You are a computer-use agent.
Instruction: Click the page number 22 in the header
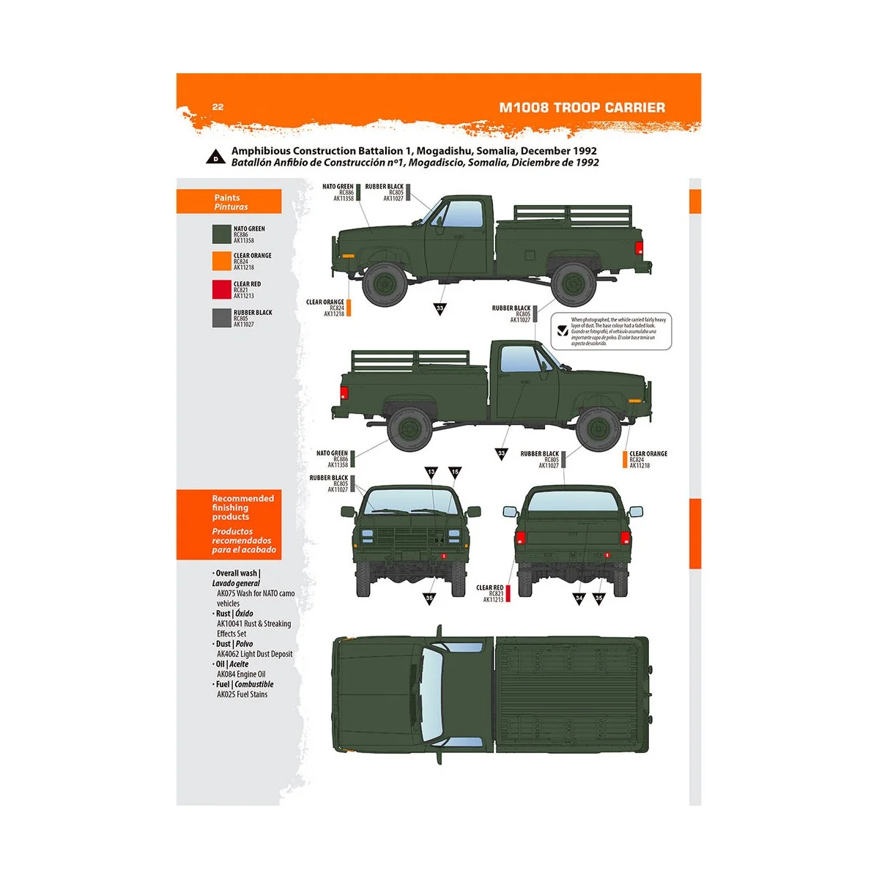pyautogui.click(x=218, y=107)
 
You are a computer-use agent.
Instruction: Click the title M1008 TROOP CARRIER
pyautogui.click(x=582, y=108)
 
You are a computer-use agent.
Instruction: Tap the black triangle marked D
pyautogui.click(x=215, y=157)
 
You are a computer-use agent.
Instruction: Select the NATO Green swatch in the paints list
pyautogui.click(x=221, y=234)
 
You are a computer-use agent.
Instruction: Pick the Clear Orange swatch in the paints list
pyautogui.click(x=221, y=262)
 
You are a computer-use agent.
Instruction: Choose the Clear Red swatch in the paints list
pyautogui.click(x=221, y=290)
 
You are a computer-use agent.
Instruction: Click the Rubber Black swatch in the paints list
pyautogui.click(x=221, y=318)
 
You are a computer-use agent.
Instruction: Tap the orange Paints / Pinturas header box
pyautogui.click(x=229, y=202)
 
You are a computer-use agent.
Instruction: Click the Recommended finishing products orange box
pyautogui.click(x=229, y=524)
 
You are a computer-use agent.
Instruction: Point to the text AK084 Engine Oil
pyautogui.click(x=241, y=674)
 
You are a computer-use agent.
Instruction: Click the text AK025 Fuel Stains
pyautogui.click(x=242, y=694)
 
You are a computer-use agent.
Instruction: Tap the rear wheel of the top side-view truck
pyautogui.click(x=574, y=284)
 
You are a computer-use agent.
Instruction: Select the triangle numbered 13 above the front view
pyautogui.click(x=431, y=472)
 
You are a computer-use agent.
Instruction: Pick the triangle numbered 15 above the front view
pyautogui.click(x=455, y=472)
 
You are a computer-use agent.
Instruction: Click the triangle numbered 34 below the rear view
pyautogui.click(x=579, y=598)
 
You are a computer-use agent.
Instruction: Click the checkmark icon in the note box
pyautogui.click(x=562, y=331)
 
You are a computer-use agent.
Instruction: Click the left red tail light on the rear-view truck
pyautogui.click(x=521, y=538)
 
